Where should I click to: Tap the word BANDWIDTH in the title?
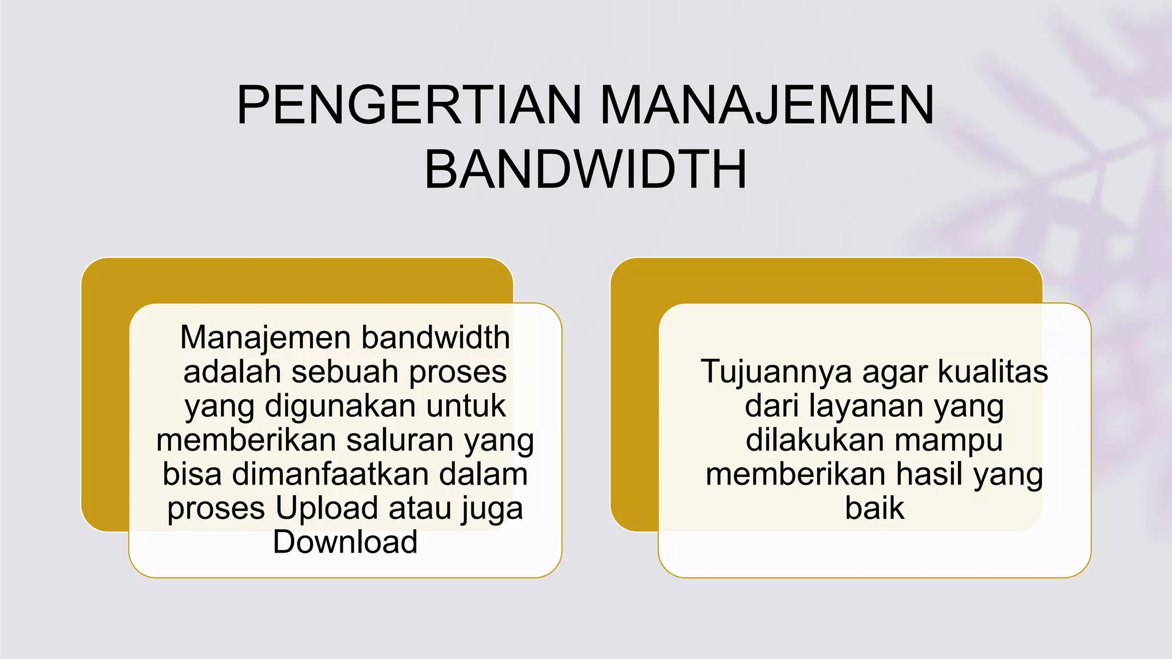[585, 170]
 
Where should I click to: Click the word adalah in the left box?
[233, 372]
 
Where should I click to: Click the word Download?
[345, 542]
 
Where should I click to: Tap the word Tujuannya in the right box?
[776, 372]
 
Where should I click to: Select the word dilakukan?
[815, 440]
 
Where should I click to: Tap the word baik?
[874, 508]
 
